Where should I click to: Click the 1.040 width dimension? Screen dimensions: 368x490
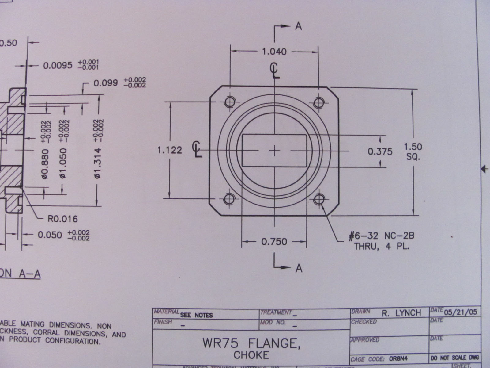tap(274, 52)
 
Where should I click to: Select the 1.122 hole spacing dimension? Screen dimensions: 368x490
tap(169, 150)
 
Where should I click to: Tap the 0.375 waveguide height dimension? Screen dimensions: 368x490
tap(380, 151)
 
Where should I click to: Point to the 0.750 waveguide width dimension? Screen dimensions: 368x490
tap(274, 242)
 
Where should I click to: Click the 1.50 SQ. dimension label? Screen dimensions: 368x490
tap(413, 151)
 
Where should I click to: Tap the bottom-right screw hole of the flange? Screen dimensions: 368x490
tap(319, 199)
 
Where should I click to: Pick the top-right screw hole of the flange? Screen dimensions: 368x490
tap(319, 102)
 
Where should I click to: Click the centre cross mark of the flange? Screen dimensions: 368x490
tap(275, 150)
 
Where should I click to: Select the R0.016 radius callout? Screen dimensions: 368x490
tap(62, 219)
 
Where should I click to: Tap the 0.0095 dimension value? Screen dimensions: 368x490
tap(58, 65)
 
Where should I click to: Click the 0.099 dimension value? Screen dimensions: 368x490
tap(106, 83)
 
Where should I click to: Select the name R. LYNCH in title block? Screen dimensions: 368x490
tap(401, 313)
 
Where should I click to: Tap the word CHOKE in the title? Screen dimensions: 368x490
tap(251, 355)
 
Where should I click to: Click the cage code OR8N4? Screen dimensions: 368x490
tap(398, 358)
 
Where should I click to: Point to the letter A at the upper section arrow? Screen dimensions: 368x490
tap(299, 27)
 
